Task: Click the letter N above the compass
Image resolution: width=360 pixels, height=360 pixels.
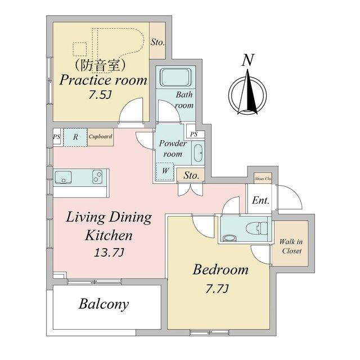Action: tap(248, 60)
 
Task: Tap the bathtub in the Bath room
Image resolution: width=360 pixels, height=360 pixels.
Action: tap(175, 77)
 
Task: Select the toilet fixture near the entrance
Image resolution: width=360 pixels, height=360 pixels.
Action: tap(256, 228)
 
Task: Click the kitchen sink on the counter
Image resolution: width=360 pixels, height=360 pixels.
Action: tap(64, 177)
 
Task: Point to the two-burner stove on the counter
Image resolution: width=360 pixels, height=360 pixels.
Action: tap(97, 177)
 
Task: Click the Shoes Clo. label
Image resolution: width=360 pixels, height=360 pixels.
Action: tap(263, 178)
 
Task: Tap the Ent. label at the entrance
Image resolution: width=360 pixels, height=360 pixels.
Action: tap(260, 200)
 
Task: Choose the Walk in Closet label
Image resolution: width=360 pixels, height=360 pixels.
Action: tap(291, 246)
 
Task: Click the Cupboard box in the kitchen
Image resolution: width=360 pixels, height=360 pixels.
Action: tap(100, 137)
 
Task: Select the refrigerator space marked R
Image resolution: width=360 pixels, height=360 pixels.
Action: tap(75, 137)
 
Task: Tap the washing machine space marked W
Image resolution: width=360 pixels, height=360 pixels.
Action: tap(165, 171)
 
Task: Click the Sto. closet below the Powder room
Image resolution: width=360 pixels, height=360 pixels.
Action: tap(191, 175)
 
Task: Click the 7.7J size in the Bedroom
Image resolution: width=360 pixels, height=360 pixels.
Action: tap(217, 289)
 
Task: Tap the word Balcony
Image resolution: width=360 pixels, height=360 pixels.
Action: tap(103, 304)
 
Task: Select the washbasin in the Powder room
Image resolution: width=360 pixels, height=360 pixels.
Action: tap(198, 153)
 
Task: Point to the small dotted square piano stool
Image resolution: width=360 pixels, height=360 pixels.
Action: tap(80, 49)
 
